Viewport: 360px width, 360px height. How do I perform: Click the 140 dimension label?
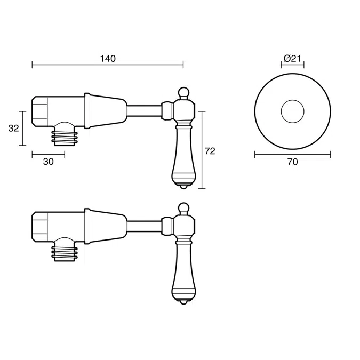(108, 59)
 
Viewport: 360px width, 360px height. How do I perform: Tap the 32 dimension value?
(13, 129)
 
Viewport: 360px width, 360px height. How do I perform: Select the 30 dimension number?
(48, 162)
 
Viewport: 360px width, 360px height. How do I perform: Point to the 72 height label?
(210, 151)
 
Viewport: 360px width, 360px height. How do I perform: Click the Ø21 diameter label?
(292, 59)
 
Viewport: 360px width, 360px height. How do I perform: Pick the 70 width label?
(292, 162)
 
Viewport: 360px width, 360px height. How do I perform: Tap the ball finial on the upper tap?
(183, 92)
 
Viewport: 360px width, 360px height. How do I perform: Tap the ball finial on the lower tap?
(183, 207)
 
